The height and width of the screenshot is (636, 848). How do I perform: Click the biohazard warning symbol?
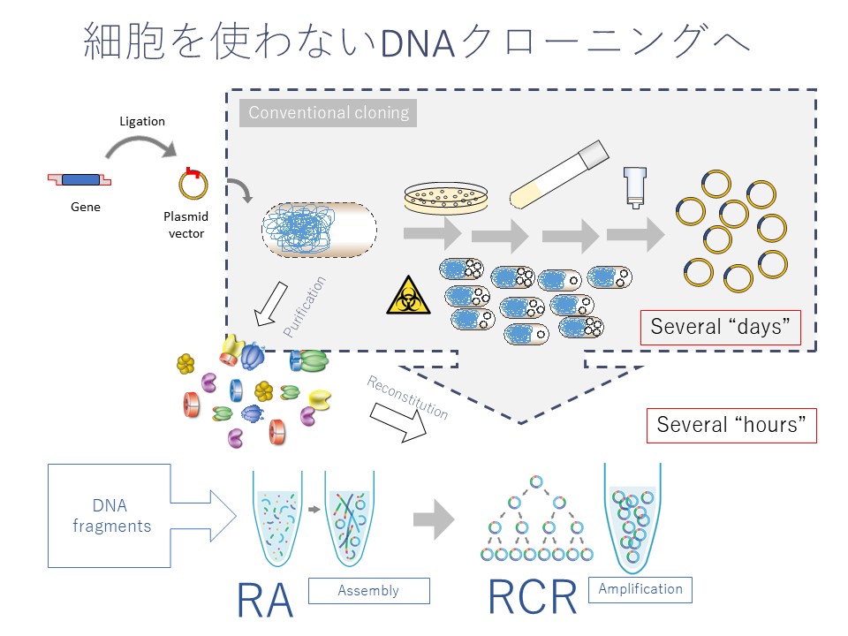point(407,297)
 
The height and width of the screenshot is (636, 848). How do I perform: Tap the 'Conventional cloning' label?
point(329,113)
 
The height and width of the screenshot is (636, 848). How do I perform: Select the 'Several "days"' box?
point(721,327)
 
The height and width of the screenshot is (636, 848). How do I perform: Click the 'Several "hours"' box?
point(731,425)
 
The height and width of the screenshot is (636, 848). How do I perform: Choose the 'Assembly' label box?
point(368,590)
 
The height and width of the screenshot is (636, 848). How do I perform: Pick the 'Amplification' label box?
point(640,589)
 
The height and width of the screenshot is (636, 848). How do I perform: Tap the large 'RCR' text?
point(533,598)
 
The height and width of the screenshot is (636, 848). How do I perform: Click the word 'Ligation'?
point(142,121)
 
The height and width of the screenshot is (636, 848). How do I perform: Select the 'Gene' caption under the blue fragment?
point(86,208)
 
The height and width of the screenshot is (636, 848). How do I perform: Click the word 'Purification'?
point(305,307)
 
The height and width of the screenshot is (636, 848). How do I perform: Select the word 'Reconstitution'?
point(407,397)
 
